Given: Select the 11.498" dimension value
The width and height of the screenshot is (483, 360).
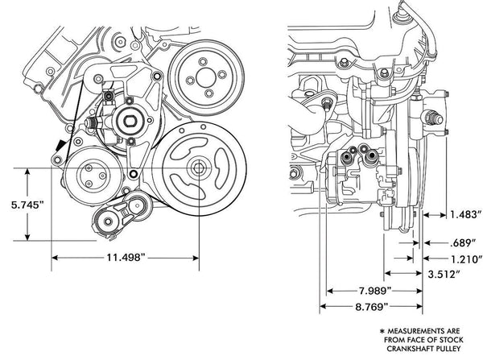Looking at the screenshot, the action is [126, 257].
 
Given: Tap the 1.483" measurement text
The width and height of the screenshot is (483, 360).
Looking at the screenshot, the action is [466, 214].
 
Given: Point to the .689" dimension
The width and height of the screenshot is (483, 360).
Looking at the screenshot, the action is [464, 243].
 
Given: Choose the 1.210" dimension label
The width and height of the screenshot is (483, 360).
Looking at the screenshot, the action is [466, 259].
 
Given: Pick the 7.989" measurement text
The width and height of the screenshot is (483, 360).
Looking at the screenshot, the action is [375, 291].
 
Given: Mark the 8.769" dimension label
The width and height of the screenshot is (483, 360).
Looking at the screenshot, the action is [371, 306].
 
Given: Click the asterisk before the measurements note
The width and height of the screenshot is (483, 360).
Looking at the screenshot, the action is [382, 332].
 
